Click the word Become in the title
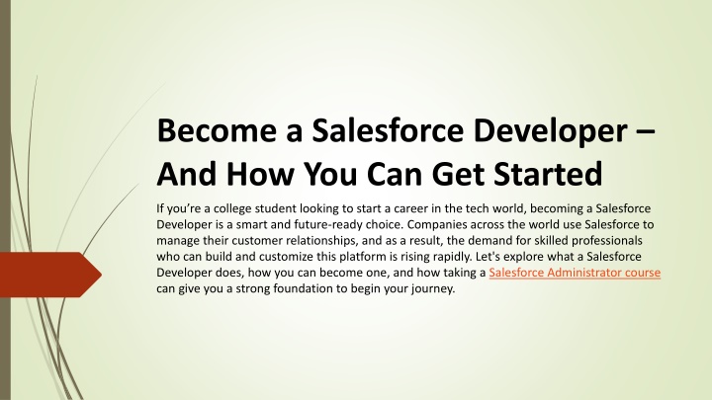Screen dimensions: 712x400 [217, 130]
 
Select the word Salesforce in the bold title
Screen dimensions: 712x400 [388, 130]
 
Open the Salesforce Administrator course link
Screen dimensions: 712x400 [575, 273]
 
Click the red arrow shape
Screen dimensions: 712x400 [50, 275]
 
